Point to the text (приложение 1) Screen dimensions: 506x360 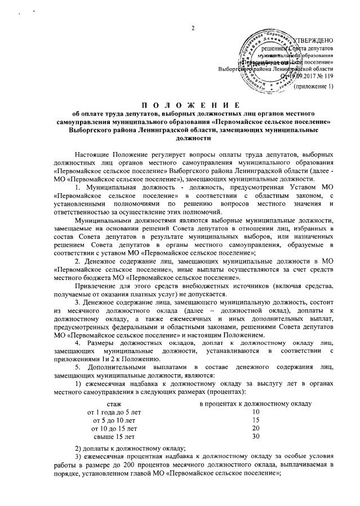[x=315, y=86]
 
